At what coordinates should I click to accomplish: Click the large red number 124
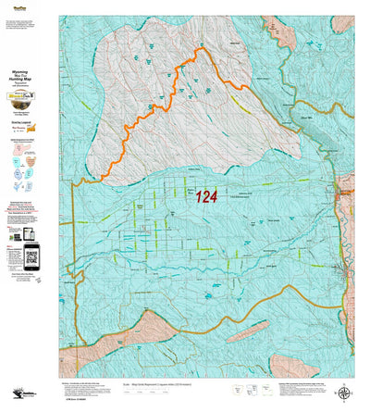(206, 196)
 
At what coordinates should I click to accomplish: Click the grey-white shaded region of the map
(148, 102)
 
